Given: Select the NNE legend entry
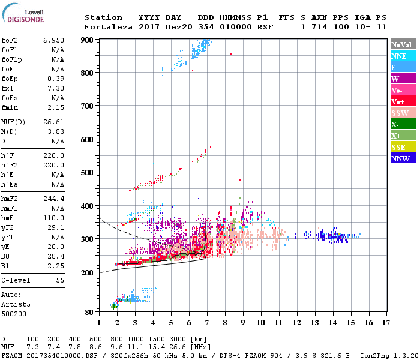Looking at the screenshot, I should [403, 56].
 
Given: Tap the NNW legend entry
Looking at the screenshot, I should [403, 158].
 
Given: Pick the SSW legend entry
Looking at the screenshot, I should [403, 113].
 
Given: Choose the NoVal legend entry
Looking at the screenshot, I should [403, 44].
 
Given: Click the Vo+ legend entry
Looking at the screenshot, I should [403, 101].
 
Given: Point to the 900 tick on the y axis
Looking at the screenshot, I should [88, 40].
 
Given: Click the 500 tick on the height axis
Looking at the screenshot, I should [88, 173].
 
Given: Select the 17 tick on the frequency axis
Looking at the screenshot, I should [386, 322].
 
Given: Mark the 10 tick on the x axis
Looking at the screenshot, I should [260, 322].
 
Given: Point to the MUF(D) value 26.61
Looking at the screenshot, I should [53, 122].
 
